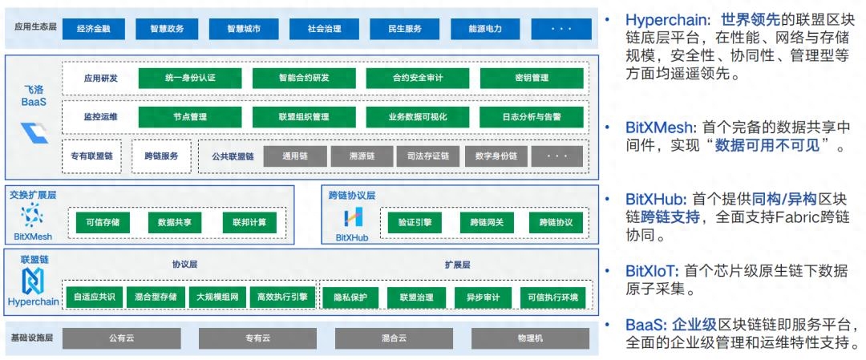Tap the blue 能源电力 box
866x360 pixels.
[x=485, y=29]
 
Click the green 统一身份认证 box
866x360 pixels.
[x=190, y=78]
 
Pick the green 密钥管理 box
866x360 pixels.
[x=531, y=78]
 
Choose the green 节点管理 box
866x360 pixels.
[x=190, y=116]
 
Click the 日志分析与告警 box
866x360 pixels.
[x=531, y=116]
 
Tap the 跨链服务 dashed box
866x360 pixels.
[x=161, y=156]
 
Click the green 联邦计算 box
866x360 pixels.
[x=249, y=221]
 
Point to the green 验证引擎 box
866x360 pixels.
[x=415, y=221]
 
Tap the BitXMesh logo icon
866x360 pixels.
[x=32, y=215]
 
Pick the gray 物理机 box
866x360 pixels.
[x=530, y=338]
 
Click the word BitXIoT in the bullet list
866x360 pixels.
[x=652, y=271]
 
